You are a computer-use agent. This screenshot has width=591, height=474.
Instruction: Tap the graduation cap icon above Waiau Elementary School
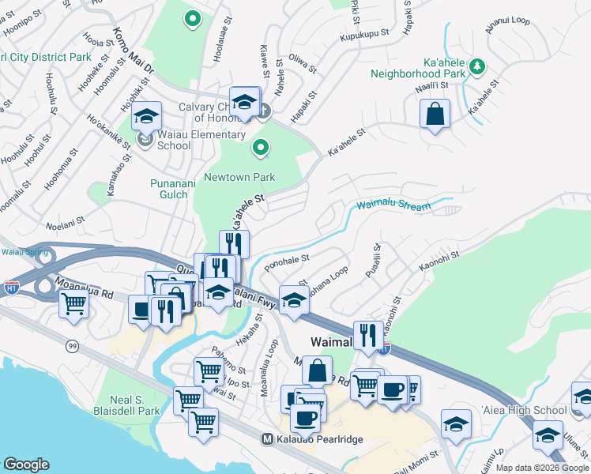(146, 117)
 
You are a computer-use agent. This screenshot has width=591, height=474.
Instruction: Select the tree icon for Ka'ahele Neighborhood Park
(477, 66)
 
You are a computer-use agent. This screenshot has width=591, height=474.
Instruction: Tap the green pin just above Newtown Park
(260, 148)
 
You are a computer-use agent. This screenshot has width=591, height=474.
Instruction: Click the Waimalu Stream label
(393, 205)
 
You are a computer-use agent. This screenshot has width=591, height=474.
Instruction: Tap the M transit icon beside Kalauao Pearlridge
(268, 438)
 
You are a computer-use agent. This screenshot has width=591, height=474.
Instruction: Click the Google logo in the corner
(26, 465)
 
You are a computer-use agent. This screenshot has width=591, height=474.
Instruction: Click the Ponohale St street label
(288, 261)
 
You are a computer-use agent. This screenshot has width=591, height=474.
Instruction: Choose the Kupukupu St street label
(364, 35)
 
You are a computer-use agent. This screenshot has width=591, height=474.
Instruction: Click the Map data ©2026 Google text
(541, 468)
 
